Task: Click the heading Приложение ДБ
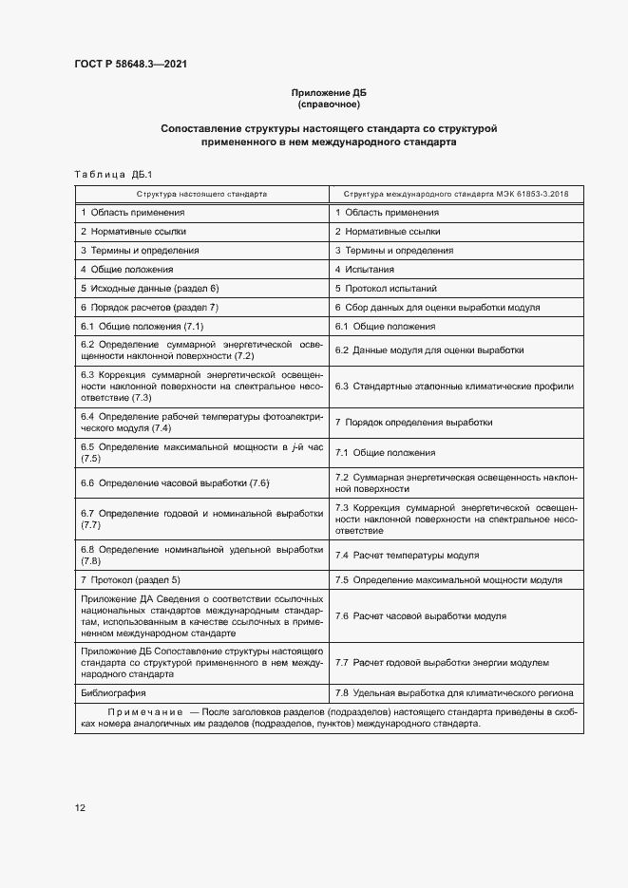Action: pyautogui.click(x=328, y=92)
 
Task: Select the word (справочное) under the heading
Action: pyautogui.click(x=328, y=104)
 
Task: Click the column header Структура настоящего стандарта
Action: pyautogui.click(x=201, y=193)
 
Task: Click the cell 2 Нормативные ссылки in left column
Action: pyautogui.click(x=133, y=231)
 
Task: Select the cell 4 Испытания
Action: pyautogui.click(x=371, y=269)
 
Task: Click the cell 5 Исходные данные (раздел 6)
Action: pyautogui.click(x=150, y=288)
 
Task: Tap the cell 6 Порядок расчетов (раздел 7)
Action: pyautogui.click(x=150, y=307)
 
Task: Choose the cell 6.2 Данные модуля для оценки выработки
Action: pyautogui.click(x=429, y=350)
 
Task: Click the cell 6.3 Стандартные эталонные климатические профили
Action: pyautogui.click(x=454, y=387)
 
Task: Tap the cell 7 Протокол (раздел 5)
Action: pyautogui.click(x=130, y=579)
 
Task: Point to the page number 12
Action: pyautogui.click(x=80, y=807)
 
